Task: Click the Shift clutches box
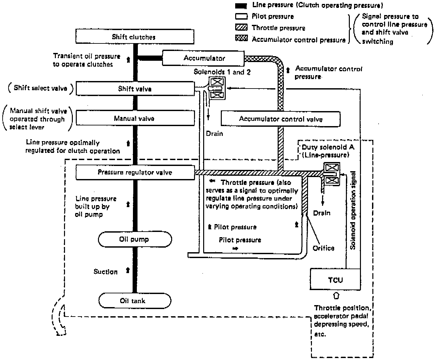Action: click(135, 37)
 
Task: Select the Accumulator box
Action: click(203, 58)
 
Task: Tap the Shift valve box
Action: click(135, 89)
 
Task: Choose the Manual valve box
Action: click(135, 118)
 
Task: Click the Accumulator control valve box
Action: click(281, 119)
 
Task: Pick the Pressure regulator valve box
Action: click(135, 172)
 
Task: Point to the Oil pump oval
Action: click(135, 239)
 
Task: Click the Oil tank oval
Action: click(135, 301)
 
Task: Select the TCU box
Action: click(335, 279)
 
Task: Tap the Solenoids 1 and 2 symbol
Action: click(217, 88)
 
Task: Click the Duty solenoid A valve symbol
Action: click(332, 174)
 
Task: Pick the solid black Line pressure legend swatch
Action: click(241, 6)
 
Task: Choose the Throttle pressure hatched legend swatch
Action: click(241, 27)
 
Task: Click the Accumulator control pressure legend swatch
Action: click(241, 38)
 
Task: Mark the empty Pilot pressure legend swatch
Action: click(241, 16)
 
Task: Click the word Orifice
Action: click(323, 248)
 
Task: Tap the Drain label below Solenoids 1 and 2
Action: click(214, 134)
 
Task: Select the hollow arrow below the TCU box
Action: click(336, 296)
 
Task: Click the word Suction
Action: click(106, 271)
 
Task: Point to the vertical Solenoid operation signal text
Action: click(353, 210)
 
